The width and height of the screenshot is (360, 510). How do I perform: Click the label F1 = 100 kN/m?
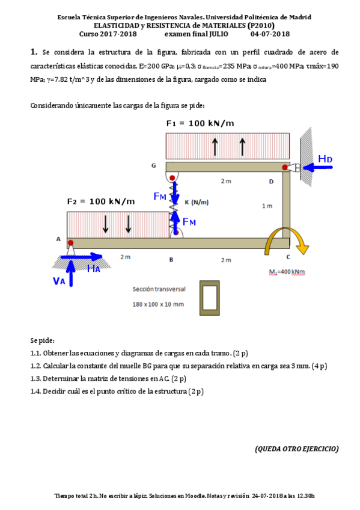[200, 123]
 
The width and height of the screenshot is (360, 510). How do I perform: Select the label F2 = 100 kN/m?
[101, 201]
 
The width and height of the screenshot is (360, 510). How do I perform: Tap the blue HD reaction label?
[325, 159]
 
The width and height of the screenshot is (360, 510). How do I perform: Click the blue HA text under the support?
[93, 269]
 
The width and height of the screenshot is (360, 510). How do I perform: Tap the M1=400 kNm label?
[287, 272]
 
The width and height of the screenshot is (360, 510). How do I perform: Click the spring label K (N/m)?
[197, 202]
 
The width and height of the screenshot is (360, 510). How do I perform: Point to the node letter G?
[153, 165]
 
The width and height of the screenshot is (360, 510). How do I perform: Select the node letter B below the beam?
[171, 260]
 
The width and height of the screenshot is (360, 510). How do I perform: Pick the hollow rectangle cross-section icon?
[210, 296]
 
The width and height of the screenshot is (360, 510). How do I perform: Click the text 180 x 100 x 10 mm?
[159, 304]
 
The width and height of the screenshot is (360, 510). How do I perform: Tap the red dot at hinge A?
[71, 243]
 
